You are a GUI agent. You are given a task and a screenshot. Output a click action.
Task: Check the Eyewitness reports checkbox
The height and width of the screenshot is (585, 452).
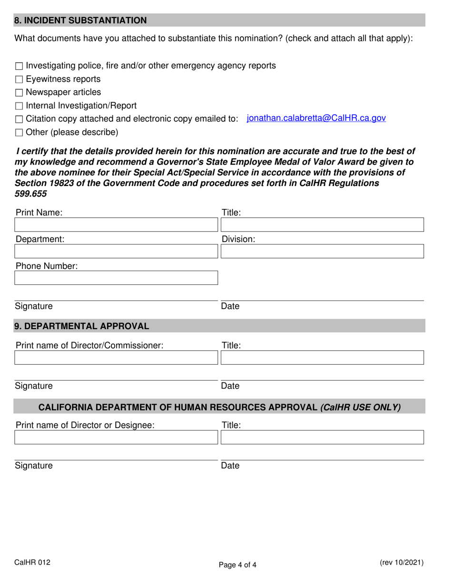[x=19, y=79]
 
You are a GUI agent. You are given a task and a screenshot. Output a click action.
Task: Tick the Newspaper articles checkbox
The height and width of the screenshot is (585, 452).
[x=19, y=93]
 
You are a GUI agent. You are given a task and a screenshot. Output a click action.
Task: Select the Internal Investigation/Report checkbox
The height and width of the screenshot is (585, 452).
[x=19, y=106]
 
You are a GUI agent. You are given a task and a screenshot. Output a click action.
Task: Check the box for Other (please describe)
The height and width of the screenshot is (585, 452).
[x=19, y=133]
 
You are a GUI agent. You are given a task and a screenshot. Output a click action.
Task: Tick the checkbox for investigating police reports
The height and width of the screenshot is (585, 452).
[x=19, y=66]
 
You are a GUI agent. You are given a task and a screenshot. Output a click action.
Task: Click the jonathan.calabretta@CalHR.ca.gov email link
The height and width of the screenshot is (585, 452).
[x=316, y=118]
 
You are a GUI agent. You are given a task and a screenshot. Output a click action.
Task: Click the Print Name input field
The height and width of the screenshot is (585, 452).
[x=116, y=225]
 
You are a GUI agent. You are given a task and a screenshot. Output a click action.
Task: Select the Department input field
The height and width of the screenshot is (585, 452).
[x=116, y=252]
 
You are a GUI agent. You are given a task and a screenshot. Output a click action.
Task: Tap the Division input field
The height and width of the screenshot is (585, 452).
[x=322, y=252]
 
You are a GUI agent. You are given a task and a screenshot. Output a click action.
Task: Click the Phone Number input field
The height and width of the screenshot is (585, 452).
[x=116, y=278]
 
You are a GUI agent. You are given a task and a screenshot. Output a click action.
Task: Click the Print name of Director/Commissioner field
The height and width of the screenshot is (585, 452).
[x=116, y=358]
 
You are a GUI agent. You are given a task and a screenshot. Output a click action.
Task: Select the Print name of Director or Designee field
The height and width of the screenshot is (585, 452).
[x=116, y=438]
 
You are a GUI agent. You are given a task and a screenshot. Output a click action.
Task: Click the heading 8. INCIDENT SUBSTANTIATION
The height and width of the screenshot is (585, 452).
[x=80, y=20]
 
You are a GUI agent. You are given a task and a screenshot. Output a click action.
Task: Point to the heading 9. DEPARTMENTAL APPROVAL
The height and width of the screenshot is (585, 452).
[x=82, y=326]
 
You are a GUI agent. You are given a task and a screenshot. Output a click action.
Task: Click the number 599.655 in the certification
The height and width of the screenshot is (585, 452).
[x=31, y=194]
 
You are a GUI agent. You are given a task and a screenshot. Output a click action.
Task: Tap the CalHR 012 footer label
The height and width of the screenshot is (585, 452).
[x=32, y=563]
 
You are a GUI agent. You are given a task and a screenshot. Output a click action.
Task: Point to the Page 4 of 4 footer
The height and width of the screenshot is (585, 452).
[x=237, y=565]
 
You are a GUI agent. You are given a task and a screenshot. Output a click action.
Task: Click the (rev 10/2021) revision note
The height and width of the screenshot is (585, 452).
[x=402, y=563]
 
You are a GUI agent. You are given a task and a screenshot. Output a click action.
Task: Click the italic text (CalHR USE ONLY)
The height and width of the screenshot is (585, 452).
[x=361, y=408]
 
